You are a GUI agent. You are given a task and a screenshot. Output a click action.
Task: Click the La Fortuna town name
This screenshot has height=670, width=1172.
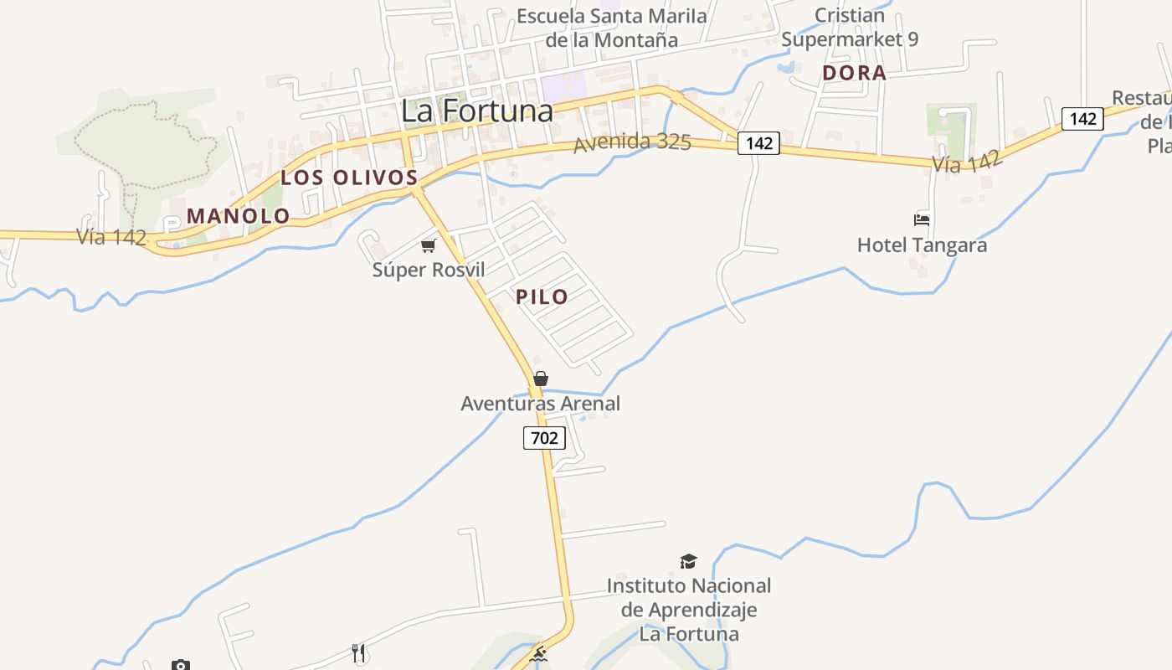pos(477,111)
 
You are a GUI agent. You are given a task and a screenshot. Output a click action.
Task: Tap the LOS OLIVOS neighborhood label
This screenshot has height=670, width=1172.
pos(349,178)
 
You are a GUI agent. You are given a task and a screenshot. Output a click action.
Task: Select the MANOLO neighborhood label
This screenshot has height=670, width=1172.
pos(239,216)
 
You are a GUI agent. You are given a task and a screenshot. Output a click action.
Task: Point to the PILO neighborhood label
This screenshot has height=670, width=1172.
pos(542,296)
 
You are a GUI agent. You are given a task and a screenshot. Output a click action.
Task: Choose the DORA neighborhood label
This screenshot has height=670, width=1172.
pos(854,73)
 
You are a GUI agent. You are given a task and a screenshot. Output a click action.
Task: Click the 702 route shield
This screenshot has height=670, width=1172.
pos(544,437)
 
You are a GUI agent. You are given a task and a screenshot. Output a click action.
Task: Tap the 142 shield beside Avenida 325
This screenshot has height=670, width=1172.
pos(758,143)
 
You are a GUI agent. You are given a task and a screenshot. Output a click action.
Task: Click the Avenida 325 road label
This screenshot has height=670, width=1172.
pos(632,142)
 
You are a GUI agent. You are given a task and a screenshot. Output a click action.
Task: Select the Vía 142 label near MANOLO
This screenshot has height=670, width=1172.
pos(112,237)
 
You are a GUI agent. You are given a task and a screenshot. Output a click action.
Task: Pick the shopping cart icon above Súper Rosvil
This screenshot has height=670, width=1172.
pos(429,245)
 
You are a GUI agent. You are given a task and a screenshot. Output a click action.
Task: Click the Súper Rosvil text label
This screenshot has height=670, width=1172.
pos(429,271)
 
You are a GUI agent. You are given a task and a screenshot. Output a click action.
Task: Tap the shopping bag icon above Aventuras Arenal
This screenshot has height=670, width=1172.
pos(541,379)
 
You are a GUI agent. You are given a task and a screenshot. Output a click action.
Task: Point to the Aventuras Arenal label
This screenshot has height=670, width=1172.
pos(541,404)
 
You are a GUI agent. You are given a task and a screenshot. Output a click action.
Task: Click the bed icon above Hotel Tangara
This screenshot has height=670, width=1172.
pos(922,220)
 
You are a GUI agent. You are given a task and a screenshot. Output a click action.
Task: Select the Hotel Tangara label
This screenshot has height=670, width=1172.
pos(922,245)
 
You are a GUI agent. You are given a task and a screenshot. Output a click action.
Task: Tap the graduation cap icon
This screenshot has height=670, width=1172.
pos(688,561)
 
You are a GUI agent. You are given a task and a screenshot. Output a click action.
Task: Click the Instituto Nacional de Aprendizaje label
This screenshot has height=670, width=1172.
pos(689,610)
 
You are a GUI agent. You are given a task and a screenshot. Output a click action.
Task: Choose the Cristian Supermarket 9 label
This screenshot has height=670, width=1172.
pos(850,28)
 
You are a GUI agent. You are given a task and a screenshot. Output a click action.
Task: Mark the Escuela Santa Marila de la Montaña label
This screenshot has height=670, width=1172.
pos(612,28)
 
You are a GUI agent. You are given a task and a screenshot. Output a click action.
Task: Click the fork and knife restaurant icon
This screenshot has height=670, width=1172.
pos(359,653)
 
